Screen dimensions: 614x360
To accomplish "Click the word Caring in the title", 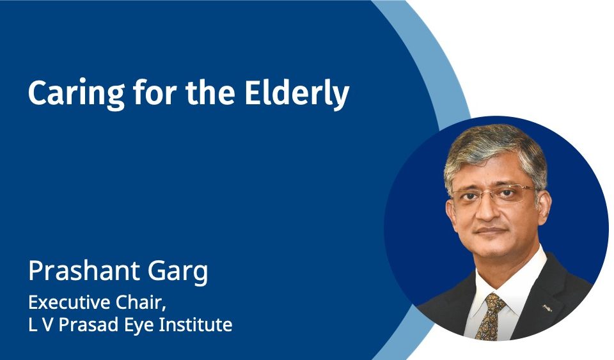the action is click(76, 94).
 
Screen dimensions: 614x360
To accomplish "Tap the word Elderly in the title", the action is click(297, 93).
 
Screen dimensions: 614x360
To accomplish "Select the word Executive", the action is click(69, 302).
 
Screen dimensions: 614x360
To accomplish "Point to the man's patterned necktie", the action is click(489, 315).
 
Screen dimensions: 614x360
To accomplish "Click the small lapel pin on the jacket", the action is click(547, 308).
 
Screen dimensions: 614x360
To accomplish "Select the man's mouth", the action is click(491, 230).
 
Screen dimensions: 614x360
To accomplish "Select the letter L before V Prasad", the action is click(32, 325).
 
